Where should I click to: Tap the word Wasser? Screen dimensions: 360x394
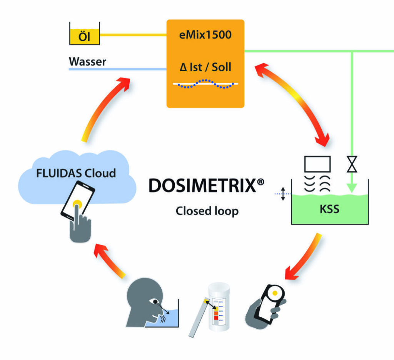87,62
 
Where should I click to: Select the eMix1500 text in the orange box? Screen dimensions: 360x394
205,36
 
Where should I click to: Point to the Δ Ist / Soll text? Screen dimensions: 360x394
205,67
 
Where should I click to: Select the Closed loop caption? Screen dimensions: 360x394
207,211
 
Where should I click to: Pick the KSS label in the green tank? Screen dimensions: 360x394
330,210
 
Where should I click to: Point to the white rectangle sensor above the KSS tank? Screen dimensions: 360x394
317,163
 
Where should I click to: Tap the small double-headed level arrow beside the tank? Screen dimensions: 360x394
283,194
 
